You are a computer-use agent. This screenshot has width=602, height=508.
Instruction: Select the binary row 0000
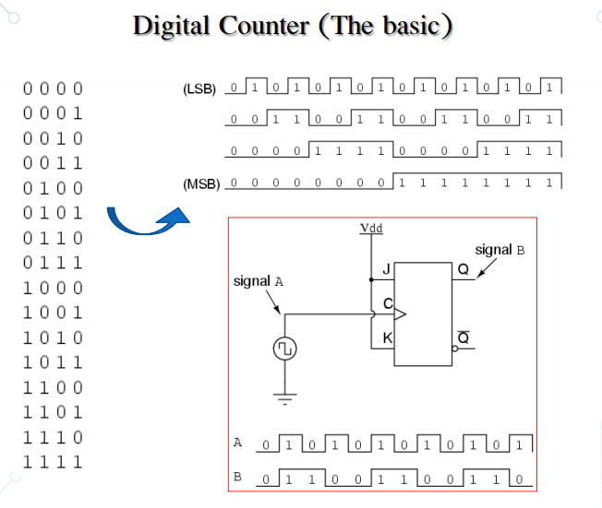click(53, 89)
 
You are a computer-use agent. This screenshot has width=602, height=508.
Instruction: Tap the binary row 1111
click(53, 462)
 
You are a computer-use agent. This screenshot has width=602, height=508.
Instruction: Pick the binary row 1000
click(53, 289)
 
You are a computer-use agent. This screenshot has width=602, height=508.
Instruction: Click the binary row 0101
click(53, 214)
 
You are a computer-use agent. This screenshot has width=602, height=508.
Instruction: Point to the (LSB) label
click(199, 90)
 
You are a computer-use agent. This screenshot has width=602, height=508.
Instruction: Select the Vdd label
click(371, 227)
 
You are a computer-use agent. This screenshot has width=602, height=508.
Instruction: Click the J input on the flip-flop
click(386, 269)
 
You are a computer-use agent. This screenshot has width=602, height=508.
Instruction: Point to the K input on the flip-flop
click(387, 338)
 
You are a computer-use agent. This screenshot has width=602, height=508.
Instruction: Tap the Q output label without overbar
click(463, 269)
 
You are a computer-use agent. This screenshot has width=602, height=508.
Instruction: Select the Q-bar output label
click(463, 337)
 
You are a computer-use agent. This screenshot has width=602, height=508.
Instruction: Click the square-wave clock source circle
click(284, 349)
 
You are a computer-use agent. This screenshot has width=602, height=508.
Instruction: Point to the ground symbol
click(284, 399)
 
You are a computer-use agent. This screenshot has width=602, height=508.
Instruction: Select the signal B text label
click(500, 250)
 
